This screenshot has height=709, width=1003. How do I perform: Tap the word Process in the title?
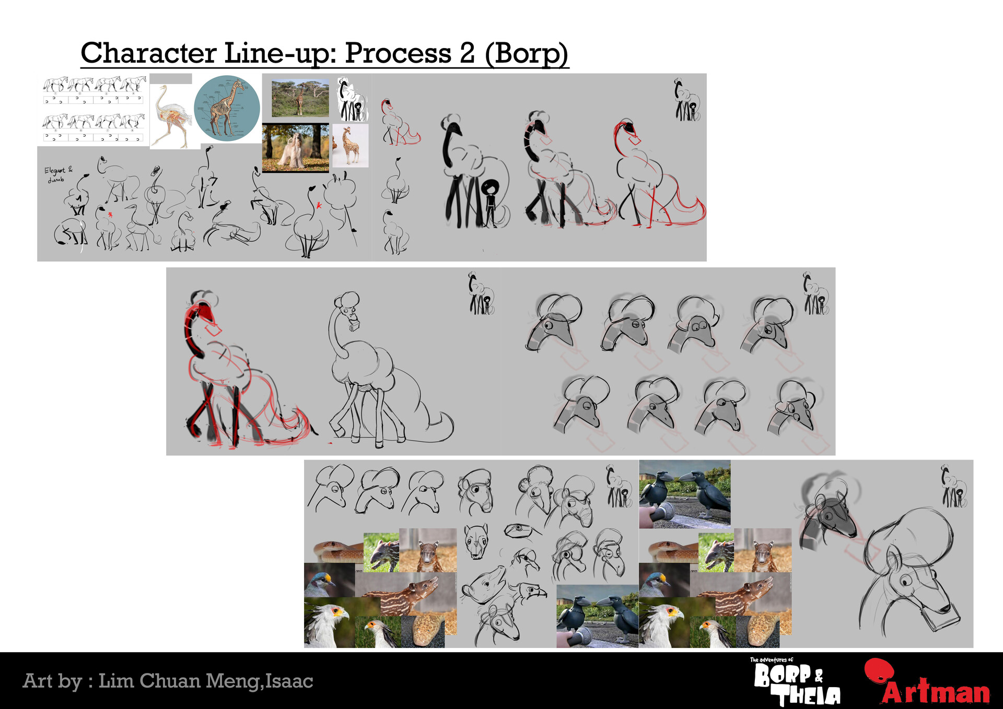tap(398, 53)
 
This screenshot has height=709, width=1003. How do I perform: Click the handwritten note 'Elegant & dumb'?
tap(58, 174)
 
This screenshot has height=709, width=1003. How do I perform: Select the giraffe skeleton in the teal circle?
tap(227, 108)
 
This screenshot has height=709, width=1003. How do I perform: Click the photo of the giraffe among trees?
tap(300, 98)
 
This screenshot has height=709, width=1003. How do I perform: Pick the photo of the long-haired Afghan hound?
tap(295, 148)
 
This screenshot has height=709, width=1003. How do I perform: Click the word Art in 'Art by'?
tap(38, 681)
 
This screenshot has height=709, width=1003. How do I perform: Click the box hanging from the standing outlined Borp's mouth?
tap(354, 325)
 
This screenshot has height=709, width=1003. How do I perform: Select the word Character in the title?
tap(148, 53)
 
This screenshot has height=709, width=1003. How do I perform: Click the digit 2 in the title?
tap(467, 53)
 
